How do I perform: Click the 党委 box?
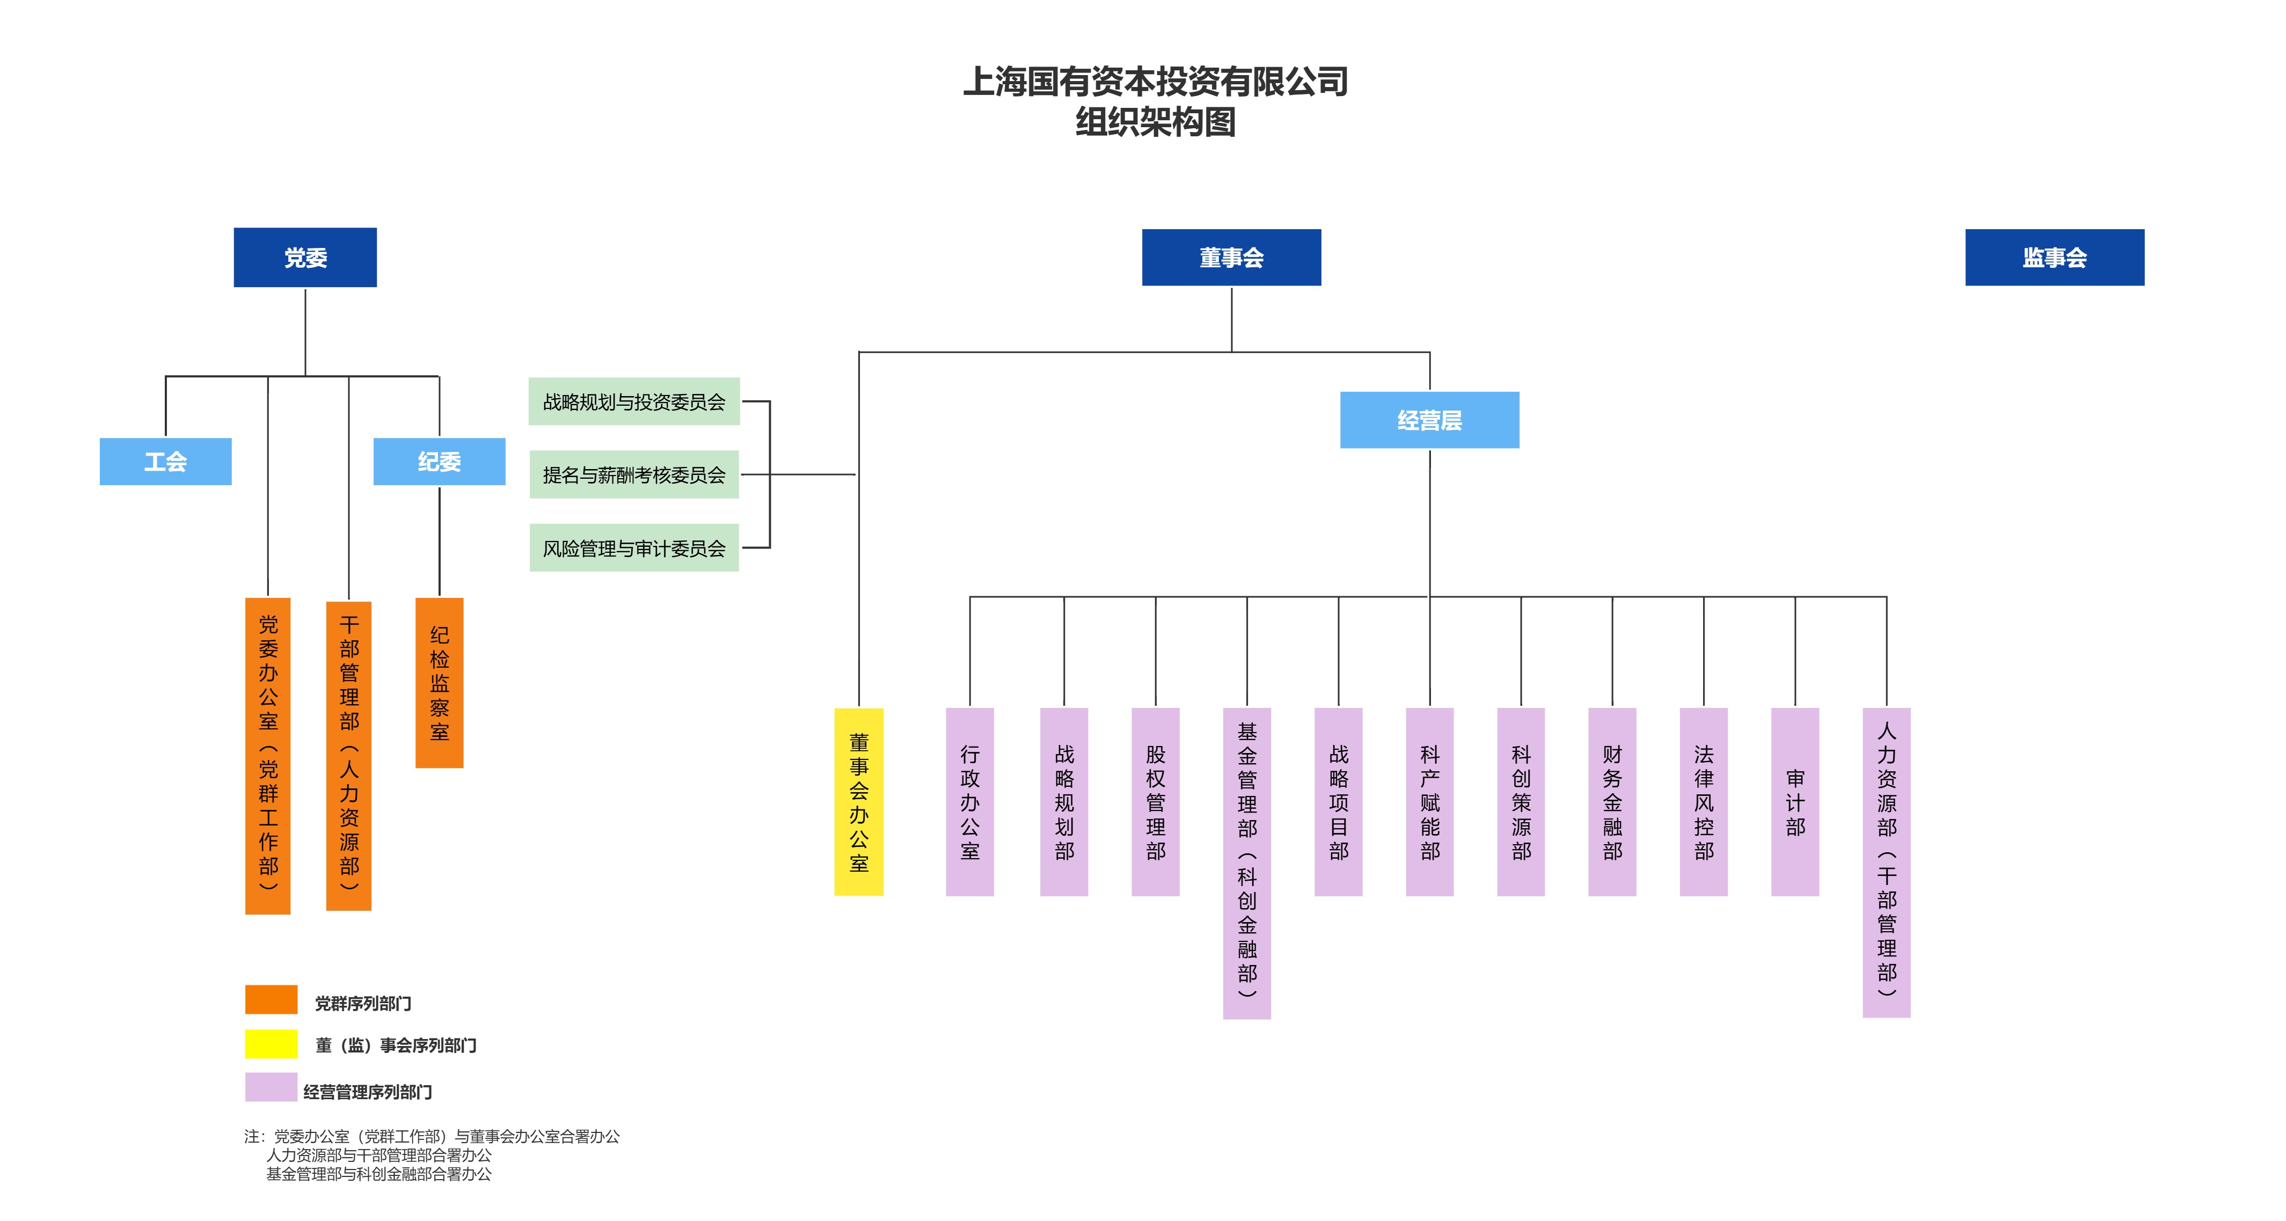pos(305,257)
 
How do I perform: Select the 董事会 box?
pos(1231,257)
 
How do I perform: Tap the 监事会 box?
pos(2054,257)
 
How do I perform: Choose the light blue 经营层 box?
pos(1429,420)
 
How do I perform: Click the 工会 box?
pos(165,462)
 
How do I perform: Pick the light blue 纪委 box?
pos(439,462)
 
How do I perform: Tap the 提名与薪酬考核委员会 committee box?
pos(633,475)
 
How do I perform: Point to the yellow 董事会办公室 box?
pos(858,801)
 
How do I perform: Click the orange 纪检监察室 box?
pos(439,682)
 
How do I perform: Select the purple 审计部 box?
pos(1794,801)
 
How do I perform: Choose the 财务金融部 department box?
pos(1611,801)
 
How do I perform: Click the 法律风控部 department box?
pos(1703,801)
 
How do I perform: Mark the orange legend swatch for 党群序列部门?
pos(271,999)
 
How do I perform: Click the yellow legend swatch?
pos(271,1043)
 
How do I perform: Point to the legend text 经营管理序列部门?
pos(367,1092)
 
